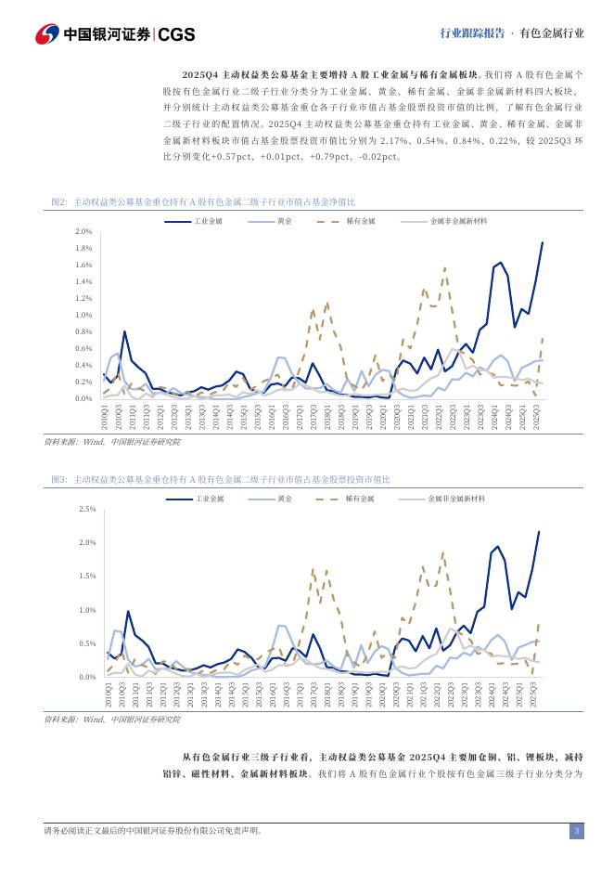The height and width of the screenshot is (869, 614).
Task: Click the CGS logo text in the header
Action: pos(176,34)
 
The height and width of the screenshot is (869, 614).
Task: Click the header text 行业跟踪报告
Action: pos(472,33)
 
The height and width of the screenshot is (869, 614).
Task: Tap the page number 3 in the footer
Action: pos(576,831)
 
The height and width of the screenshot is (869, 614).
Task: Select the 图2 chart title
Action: pos(203,201)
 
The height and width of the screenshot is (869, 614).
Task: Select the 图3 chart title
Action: pos(221,479)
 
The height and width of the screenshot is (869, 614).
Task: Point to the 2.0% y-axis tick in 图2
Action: pos(83,231)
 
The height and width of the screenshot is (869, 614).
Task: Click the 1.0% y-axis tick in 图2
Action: pos(83,315)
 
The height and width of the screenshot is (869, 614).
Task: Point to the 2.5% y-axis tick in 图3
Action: pos(87,509)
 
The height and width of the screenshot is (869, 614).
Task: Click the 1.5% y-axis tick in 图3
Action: pos(87,577)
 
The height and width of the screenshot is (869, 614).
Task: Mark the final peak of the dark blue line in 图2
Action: pos(543,242)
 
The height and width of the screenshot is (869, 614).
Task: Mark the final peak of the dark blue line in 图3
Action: pos(539,532)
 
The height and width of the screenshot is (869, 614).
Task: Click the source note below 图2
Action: pos(112,442)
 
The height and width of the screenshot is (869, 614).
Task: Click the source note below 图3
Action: pos(112,720)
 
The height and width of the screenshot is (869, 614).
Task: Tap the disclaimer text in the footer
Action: pos(153,831)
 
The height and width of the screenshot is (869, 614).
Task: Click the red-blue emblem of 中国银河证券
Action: pos(47,34)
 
